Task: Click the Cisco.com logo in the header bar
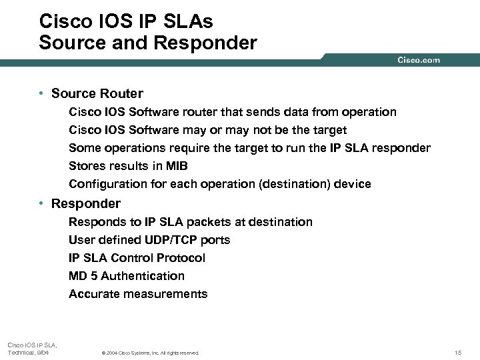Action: click(419, 60)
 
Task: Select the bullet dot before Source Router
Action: click(42, 94)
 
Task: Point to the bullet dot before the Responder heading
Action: click(42, 203)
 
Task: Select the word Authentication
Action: click(143, 276)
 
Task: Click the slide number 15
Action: click(457, 353)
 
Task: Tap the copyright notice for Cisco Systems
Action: click(149, 353)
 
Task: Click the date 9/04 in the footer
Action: click(41, 353)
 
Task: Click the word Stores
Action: click(87, 166)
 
